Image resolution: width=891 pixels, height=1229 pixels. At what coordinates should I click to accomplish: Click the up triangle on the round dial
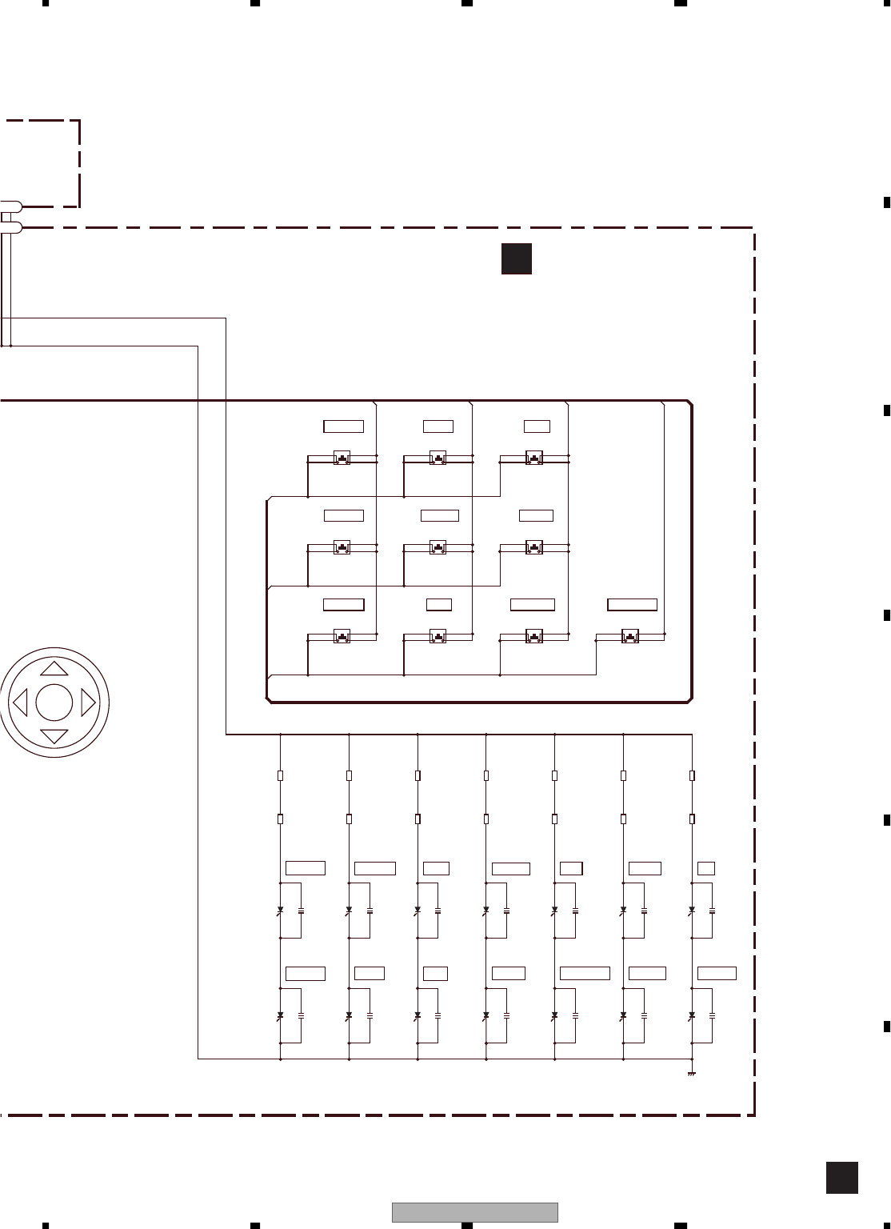(54, 668)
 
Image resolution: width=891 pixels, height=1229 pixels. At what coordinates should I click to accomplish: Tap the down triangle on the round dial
(54, 736)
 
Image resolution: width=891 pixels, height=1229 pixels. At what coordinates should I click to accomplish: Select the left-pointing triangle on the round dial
(20, 703)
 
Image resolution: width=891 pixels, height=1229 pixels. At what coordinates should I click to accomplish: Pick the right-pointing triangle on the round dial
(88, 703)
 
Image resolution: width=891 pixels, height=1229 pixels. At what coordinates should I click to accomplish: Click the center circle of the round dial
(54, 703)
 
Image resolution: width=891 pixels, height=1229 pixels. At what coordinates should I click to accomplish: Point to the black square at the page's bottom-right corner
(841, 1178)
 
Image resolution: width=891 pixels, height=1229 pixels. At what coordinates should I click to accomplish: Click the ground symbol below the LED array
(692, 1073)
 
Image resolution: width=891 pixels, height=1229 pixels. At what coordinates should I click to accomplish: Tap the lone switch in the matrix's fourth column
(630, 637)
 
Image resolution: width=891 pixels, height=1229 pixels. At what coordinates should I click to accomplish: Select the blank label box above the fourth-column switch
(632, 605)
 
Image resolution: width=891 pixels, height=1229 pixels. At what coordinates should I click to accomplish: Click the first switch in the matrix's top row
(342, 458)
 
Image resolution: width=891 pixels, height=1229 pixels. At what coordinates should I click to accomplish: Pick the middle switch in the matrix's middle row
(438, 548)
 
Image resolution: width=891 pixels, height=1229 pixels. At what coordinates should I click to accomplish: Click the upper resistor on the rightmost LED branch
(692, 775)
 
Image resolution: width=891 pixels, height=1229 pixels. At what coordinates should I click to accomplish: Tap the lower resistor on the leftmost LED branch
(280, 819)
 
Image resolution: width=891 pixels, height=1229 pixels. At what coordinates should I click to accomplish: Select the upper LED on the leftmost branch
(280, 911)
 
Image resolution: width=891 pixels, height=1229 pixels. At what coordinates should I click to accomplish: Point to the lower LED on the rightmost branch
(692, 1015)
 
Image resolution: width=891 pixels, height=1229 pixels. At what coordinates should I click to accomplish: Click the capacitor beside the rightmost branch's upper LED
(712, 911)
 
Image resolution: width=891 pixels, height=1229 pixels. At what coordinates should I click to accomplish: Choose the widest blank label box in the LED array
(585, 974)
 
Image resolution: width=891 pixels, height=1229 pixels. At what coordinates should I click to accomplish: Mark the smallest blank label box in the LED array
(705, 869)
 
